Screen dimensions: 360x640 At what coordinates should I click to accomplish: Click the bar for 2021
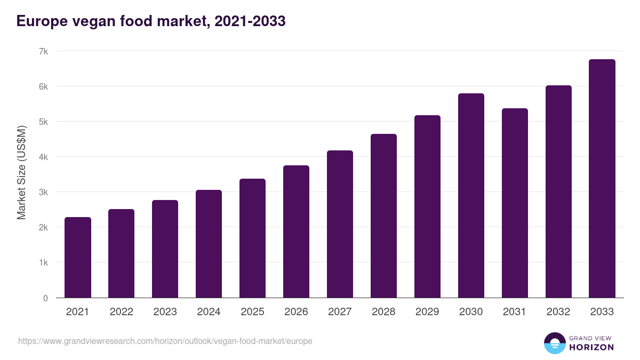point(78,258)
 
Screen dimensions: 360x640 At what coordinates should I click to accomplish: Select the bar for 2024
point(209,244)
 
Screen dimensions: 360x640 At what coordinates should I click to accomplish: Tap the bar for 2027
point(340,224)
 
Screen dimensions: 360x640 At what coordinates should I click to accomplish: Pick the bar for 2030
point(471,196)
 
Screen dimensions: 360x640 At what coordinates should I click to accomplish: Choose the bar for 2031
point(515,203)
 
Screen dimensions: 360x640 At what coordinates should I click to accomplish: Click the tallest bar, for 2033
point(602,179)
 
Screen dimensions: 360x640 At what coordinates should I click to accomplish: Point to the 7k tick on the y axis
point(43,51)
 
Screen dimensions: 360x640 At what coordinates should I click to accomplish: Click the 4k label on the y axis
point(43,157)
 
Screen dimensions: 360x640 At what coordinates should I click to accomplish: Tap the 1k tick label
point(43,262)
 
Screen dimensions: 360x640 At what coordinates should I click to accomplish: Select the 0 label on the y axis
point(45,298)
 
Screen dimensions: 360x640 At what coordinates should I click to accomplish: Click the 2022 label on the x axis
point(121,312)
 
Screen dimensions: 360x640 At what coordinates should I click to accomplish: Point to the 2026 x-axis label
point(296,312)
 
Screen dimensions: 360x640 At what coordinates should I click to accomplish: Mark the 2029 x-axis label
point(427,312)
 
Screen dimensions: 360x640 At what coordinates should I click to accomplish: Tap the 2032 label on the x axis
point(558,312)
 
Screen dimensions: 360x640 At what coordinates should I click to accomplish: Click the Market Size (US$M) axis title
point(21,173)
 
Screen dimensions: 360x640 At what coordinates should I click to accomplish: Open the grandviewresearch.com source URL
point(165,341)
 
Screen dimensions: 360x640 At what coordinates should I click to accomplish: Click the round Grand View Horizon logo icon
point(555,343)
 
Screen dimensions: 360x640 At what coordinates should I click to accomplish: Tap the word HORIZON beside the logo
point(591,347)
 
